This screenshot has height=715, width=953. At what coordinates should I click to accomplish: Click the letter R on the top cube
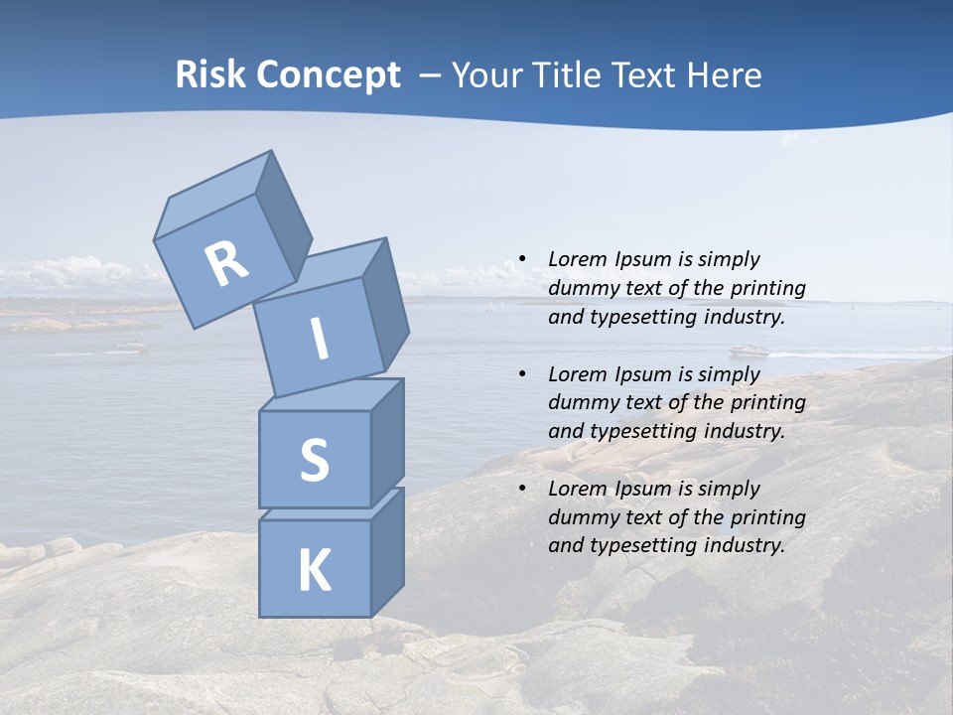(x=226, y=264)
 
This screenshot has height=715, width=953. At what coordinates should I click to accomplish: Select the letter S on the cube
(x=314, y=460)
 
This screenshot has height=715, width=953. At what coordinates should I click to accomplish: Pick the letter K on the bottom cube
(x=314, y=571)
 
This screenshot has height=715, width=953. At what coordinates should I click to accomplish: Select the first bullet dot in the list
(x=521, y=260)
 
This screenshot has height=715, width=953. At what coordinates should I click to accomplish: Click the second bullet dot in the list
(x=521, y=374)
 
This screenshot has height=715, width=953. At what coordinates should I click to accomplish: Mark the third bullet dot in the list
(x=521, y=489)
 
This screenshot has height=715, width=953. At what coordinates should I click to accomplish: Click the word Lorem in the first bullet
(x=577, y=260)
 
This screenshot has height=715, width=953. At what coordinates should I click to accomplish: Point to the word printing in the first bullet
(x=767, y=289)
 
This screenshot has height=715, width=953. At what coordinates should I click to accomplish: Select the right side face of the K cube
(x=387, y=551)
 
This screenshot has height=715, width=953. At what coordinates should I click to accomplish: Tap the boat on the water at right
(x=749, y=350)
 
